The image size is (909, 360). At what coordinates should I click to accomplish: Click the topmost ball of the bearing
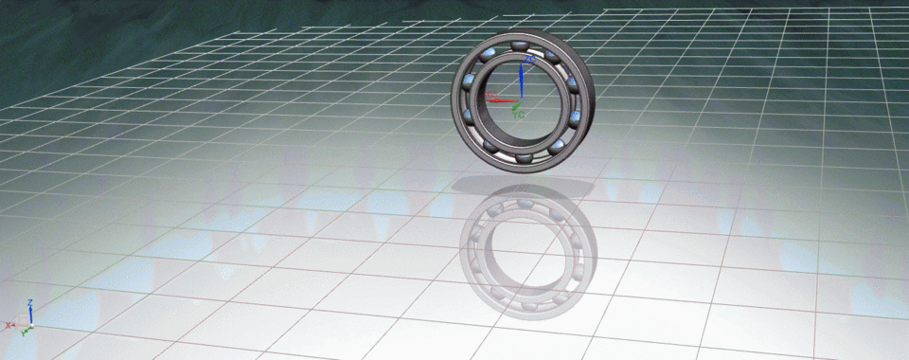519,46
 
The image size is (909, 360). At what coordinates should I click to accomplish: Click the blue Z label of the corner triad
31,302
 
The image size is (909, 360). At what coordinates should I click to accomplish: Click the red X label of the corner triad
9,325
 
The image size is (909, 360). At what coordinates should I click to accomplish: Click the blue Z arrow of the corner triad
31,314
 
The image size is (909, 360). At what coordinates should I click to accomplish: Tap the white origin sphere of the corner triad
31,325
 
